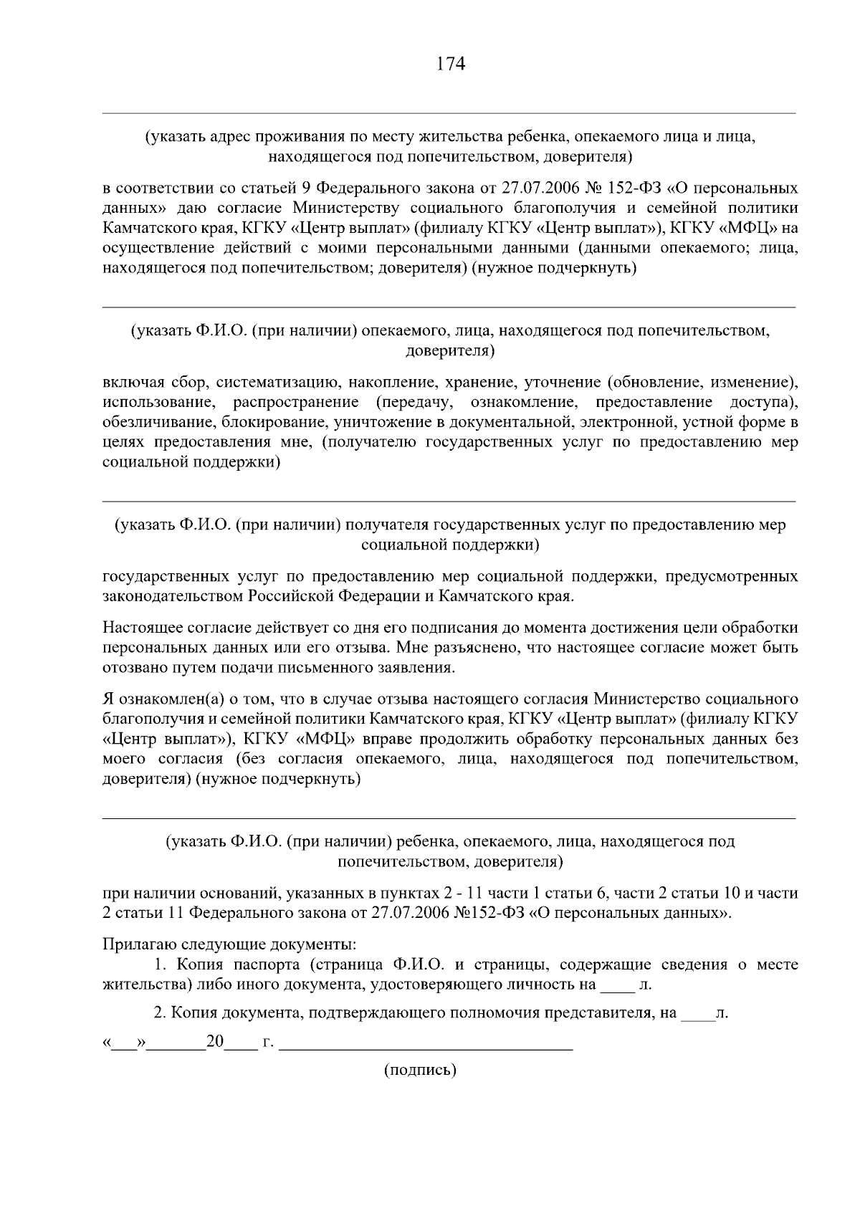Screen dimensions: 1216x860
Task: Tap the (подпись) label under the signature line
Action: [x=421, y=1071]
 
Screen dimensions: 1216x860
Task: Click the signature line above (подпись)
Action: [x=426, y=1048]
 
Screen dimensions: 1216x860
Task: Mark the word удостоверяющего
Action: [x=438, y=985]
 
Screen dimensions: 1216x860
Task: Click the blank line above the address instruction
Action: [x=449, y=113]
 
